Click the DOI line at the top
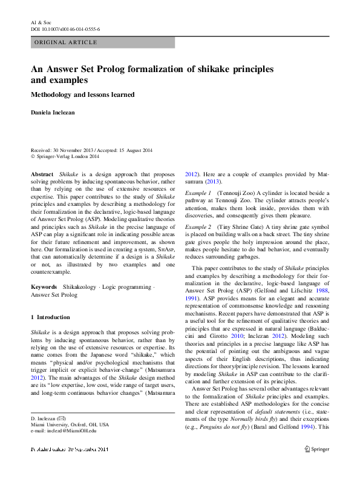[x=65, y=28]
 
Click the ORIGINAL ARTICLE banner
[x=66, y=42]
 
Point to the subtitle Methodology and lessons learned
[x=82, y=94]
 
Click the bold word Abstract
[x=42, y=174]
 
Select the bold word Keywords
[x=44, y=286]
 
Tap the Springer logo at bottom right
[x=316, y=449]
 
